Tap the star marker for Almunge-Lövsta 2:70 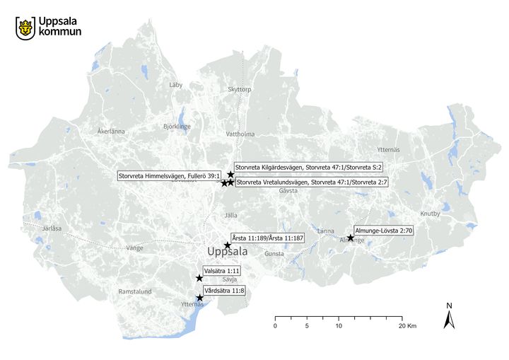click(x=351, y=238)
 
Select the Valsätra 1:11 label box click(x=222, y=271)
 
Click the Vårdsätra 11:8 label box click(x=224, y=291)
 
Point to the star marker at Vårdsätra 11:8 click(x=200, y=298)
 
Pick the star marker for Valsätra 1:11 click(x=199, y=279)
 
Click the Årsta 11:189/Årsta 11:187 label click(x=267, y=238)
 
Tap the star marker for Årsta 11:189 click(x=228, y=245)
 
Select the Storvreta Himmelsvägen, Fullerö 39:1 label click(x=170, y=175)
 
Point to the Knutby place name click(x=430, y=214)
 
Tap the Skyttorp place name click(x=240, y=90)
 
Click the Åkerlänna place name click(x=111, y=132)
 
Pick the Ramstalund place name click(x=135, y=291)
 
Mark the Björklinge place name click(x=177, y=127)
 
